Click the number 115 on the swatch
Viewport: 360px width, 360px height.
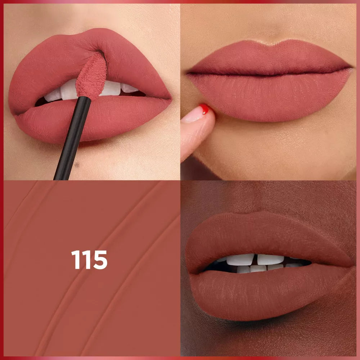point(89,260)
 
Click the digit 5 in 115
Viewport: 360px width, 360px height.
point(100,260)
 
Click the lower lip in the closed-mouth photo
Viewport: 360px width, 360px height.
point(270,96)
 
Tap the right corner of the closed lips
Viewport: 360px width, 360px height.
point(351,68)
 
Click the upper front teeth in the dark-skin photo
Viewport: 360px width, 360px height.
point(255,260)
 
